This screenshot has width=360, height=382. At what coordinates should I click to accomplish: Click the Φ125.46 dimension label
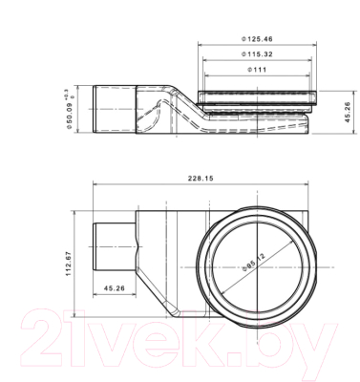[257, 39]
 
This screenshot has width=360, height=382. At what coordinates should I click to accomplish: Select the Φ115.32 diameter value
[257, 54]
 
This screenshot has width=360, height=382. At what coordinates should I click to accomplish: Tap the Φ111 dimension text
[257, 70]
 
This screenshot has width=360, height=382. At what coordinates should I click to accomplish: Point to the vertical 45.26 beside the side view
[347, 112]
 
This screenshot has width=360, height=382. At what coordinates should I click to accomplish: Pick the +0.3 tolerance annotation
[66, 93]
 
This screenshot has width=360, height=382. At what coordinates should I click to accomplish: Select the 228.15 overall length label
[201, 179]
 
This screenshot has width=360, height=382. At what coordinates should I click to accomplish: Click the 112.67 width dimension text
[69, 264]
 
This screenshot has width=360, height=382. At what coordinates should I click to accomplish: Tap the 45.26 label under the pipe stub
[115, 288]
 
